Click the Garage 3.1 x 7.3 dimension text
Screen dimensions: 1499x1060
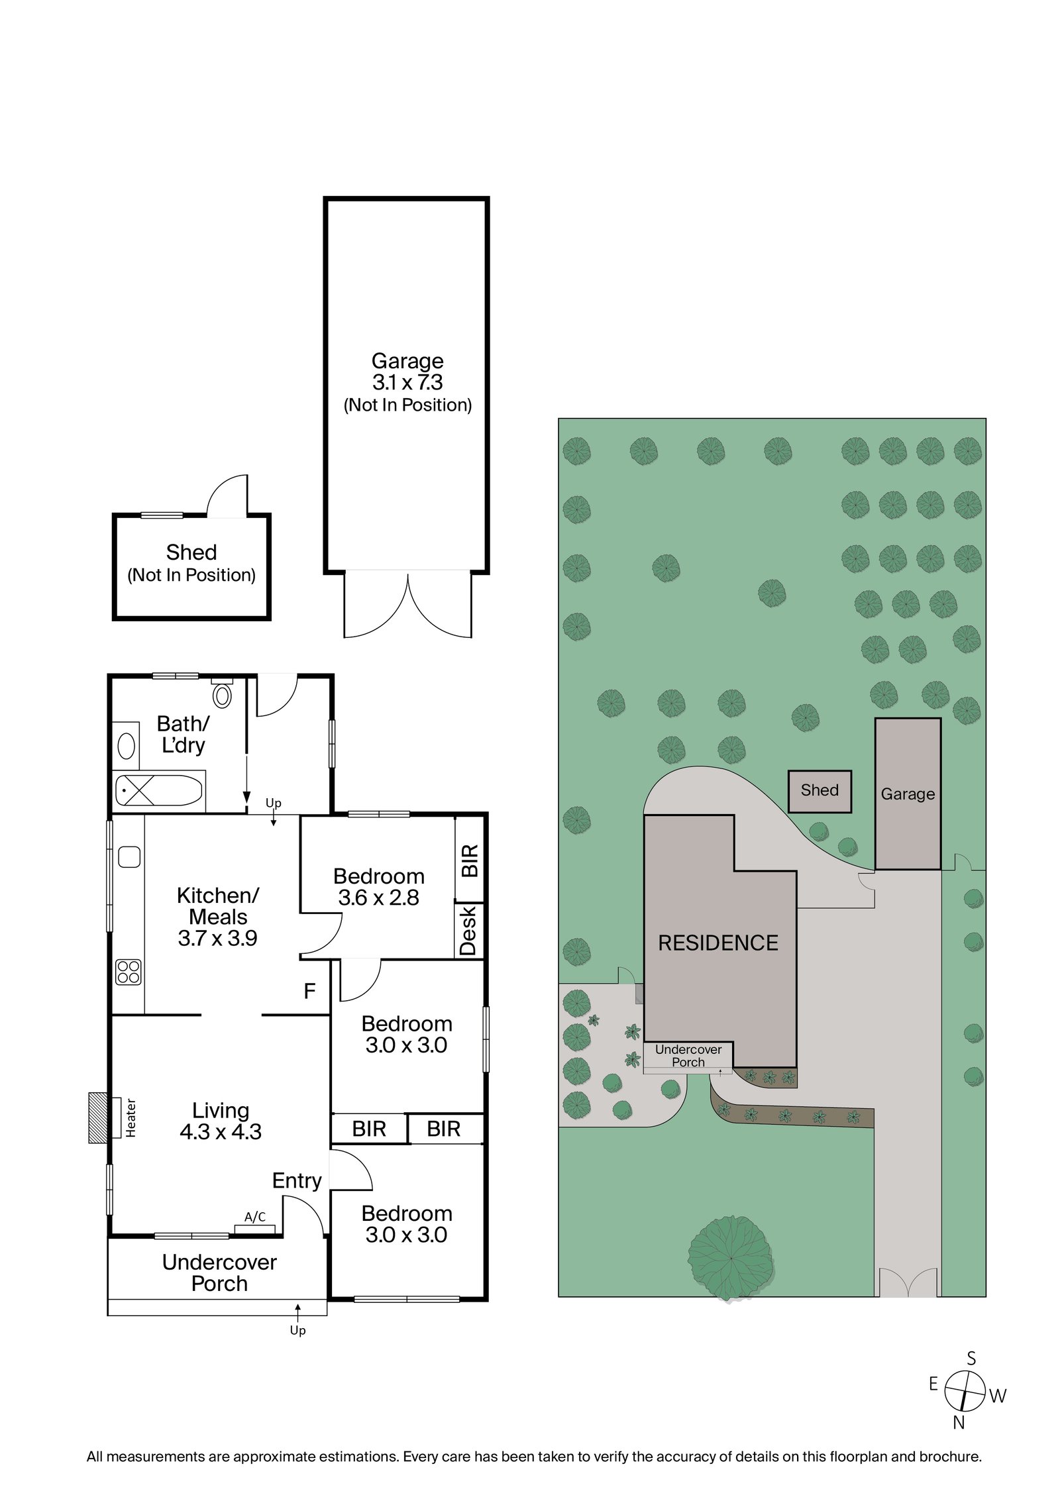[407, 382]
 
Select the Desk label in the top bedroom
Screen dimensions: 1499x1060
[468, 931]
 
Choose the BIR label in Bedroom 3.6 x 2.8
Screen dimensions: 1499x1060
[469, 860]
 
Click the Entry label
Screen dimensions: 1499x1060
[297, 1181]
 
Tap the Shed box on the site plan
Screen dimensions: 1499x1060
[820, 791]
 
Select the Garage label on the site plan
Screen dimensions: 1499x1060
[907, 794]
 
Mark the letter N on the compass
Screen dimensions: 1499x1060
[959, 1421]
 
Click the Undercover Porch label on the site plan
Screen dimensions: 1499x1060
[688, 1056]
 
